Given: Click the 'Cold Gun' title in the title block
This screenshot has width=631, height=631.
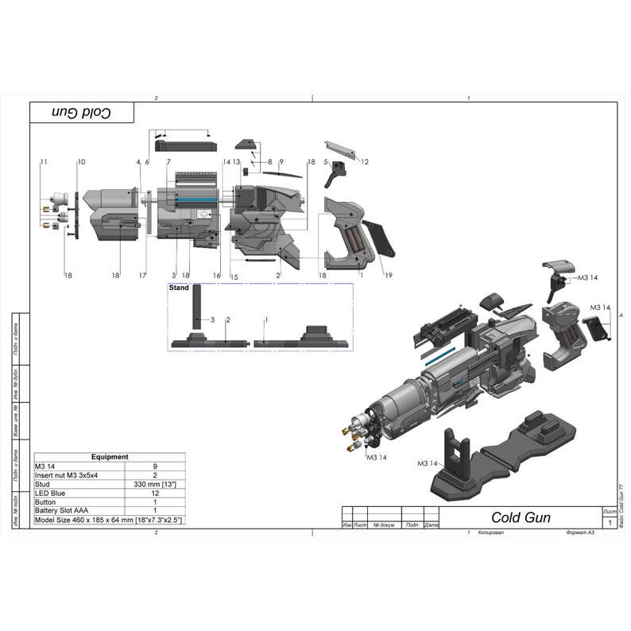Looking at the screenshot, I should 517,517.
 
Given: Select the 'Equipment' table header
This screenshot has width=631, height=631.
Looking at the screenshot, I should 110,457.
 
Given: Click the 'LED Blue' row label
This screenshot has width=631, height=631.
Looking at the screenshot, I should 50,493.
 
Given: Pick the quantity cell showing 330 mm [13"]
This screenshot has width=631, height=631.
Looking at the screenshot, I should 155,484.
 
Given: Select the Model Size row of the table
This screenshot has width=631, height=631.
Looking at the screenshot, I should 109,520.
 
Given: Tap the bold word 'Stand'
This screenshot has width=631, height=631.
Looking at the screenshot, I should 180,288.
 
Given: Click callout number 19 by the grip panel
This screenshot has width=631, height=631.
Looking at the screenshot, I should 389,275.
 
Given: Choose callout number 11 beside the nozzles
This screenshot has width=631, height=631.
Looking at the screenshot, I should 44,161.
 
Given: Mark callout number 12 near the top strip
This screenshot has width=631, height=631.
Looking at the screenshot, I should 365,161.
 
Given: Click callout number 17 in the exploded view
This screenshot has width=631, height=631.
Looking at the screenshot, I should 142,275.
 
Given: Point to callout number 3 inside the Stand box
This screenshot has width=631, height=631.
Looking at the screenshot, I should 212,319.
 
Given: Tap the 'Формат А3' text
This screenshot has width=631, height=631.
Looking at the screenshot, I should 575,532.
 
